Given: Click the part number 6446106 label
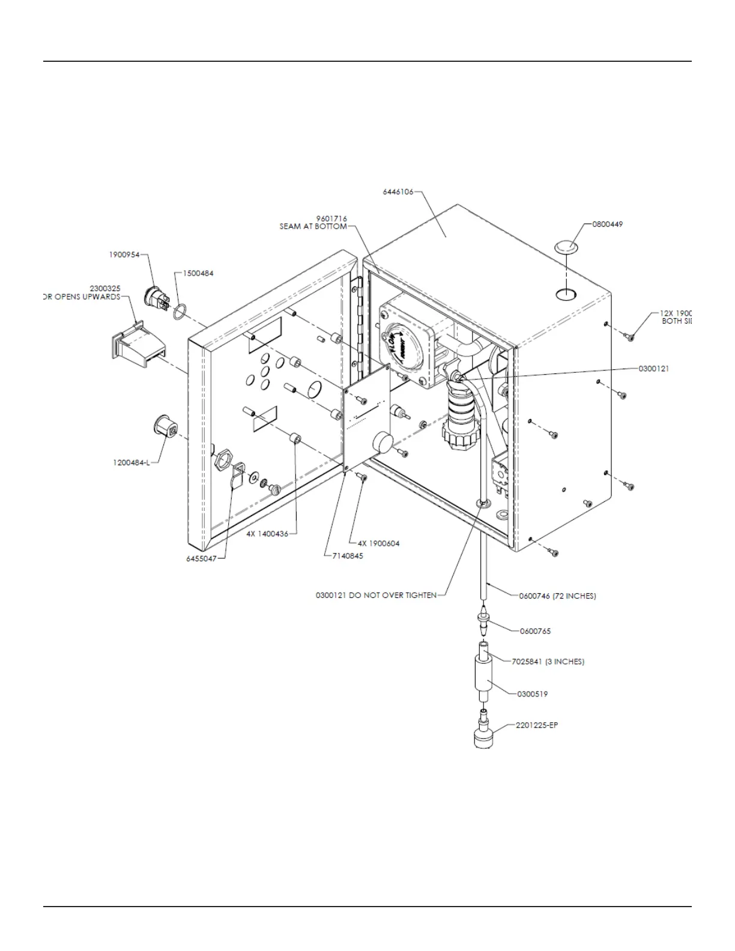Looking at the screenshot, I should (x=398, y=193).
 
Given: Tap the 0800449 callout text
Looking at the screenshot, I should (x=607, y=224).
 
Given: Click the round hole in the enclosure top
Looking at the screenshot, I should (x=565, y=294).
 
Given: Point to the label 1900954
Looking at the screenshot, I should (x=124, y=255).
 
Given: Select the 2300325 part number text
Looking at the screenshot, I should (x=105, y=289).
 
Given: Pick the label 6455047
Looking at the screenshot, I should (x=201, y=558).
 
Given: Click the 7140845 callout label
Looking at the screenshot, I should (x=348, y=556).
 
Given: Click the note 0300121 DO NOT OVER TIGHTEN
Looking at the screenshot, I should (x=376, y=596).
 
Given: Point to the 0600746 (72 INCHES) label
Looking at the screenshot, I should (x=557, y=596).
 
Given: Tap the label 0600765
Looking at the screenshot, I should (x=534, y=631).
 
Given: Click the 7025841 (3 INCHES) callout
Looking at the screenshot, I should (x=548, y=662).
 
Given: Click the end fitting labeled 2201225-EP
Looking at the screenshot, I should (x=485, y=733).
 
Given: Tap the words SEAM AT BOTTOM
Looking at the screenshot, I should (x=313, y=226).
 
